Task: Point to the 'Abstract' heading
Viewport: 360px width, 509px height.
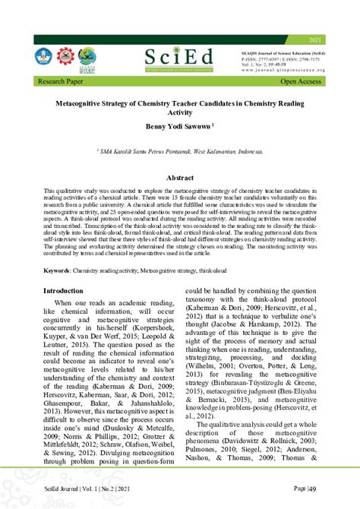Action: (x=180, y=177)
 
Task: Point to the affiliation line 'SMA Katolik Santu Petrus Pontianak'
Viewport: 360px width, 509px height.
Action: (x=180, y=152)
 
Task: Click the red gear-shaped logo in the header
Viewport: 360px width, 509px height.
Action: (x=67, y=58)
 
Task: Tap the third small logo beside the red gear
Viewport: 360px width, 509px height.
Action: (x=88, y=58)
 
